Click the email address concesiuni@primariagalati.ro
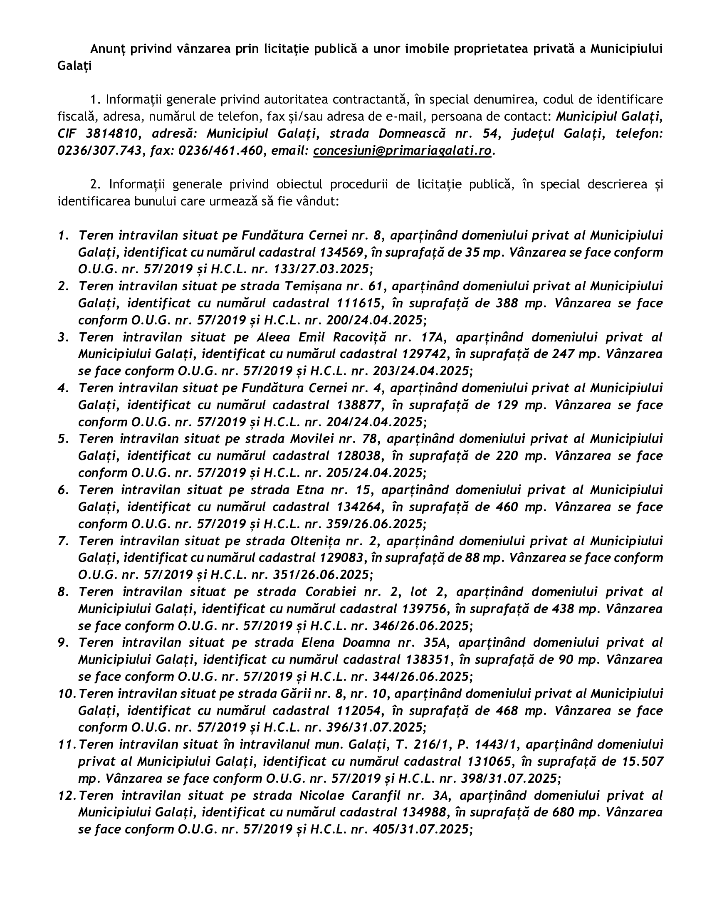pos(402,151)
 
